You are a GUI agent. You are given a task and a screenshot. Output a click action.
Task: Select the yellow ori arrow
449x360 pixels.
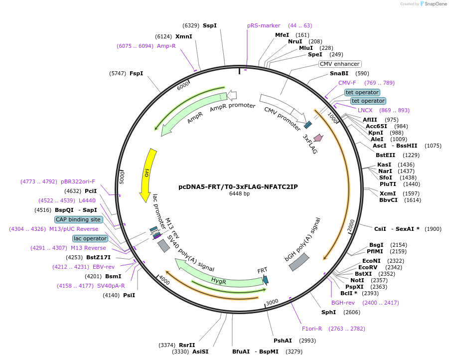(x=149, y=175)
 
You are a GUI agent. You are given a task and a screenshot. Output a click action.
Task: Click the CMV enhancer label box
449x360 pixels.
(x=339, y=64)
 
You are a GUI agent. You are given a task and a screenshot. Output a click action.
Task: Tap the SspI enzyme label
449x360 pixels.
(x=210, y=25)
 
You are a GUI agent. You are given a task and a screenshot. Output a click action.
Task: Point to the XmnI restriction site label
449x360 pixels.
(x=184, y=36)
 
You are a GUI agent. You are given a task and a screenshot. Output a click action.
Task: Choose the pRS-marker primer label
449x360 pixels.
(x=264, y=25)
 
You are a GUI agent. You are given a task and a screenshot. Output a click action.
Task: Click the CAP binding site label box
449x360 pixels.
(x=79, y=219)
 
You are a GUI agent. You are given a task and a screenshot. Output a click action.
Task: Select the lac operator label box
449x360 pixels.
(x=90, y=238)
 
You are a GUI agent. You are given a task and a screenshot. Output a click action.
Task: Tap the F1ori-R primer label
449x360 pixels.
(x=312, y=329)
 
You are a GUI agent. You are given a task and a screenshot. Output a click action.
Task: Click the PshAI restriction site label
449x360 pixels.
(x=283, y=341)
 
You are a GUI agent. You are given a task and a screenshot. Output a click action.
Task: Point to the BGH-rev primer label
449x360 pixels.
(x=343, y=303)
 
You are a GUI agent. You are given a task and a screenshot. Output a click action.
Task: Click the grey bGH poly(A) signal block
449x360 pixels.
(x=299, y=262)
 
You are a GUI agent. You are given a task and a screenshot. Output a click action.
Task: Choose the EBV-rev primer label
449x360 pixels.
(x=104, y=267)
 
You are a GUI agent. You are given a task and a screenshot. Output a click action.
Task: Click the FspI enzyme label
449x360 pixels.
(x=136, y=73)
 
